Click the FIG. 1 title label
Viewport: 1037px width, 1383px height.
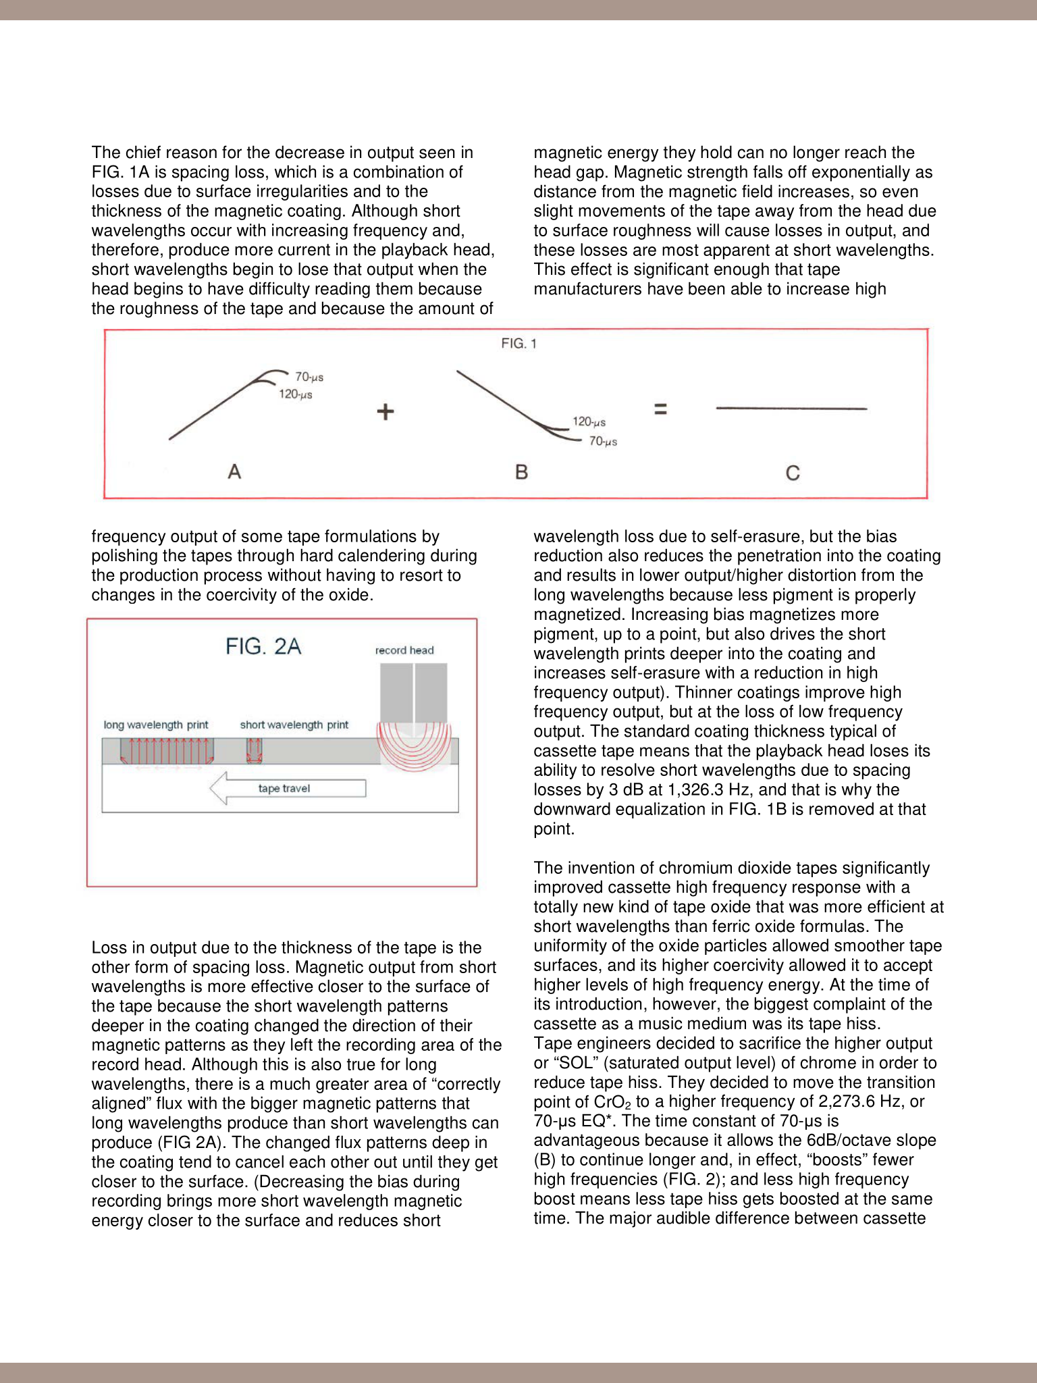tap(518, 344)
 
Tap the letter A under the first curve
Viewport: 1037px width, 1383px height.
tap(234, 471)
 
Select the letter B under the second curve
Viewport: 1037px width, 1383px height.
tap(521, 472)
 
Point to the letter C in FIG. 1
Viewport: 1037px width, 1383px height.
tap(793, 473)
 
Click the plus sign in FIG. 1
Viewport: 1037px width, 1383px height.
tap(385, 411)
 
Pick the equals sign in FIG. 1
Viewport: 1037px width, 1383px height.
tap(660, 409)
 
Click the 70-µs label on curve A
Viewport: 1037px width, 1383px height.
tap(309, 377)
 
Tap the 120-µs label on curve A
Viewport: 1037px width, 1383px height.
tap(296, 394)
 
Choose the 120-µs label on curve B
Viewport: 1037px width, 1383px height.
tap(589, 422)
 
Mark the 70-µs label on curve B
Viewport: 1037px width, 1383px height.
tap(603, 442)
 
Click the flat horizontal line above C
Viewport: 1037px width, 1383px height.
tap(791, 409)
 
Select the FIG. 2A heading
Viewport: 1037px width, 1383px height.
tap(263, 647)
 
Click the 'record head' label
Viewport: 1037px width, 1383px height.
tap(404, 650)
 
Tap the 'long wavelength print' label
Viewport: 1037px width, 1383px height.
tap(156, 725)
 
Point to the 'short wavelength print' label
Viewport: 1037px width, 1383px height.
tap(294, 725)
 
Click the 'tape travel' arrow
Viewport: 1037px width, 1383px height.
tap(288, 789)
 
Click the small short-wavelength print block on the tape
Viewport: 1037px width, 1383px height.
tap(254, 751)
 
